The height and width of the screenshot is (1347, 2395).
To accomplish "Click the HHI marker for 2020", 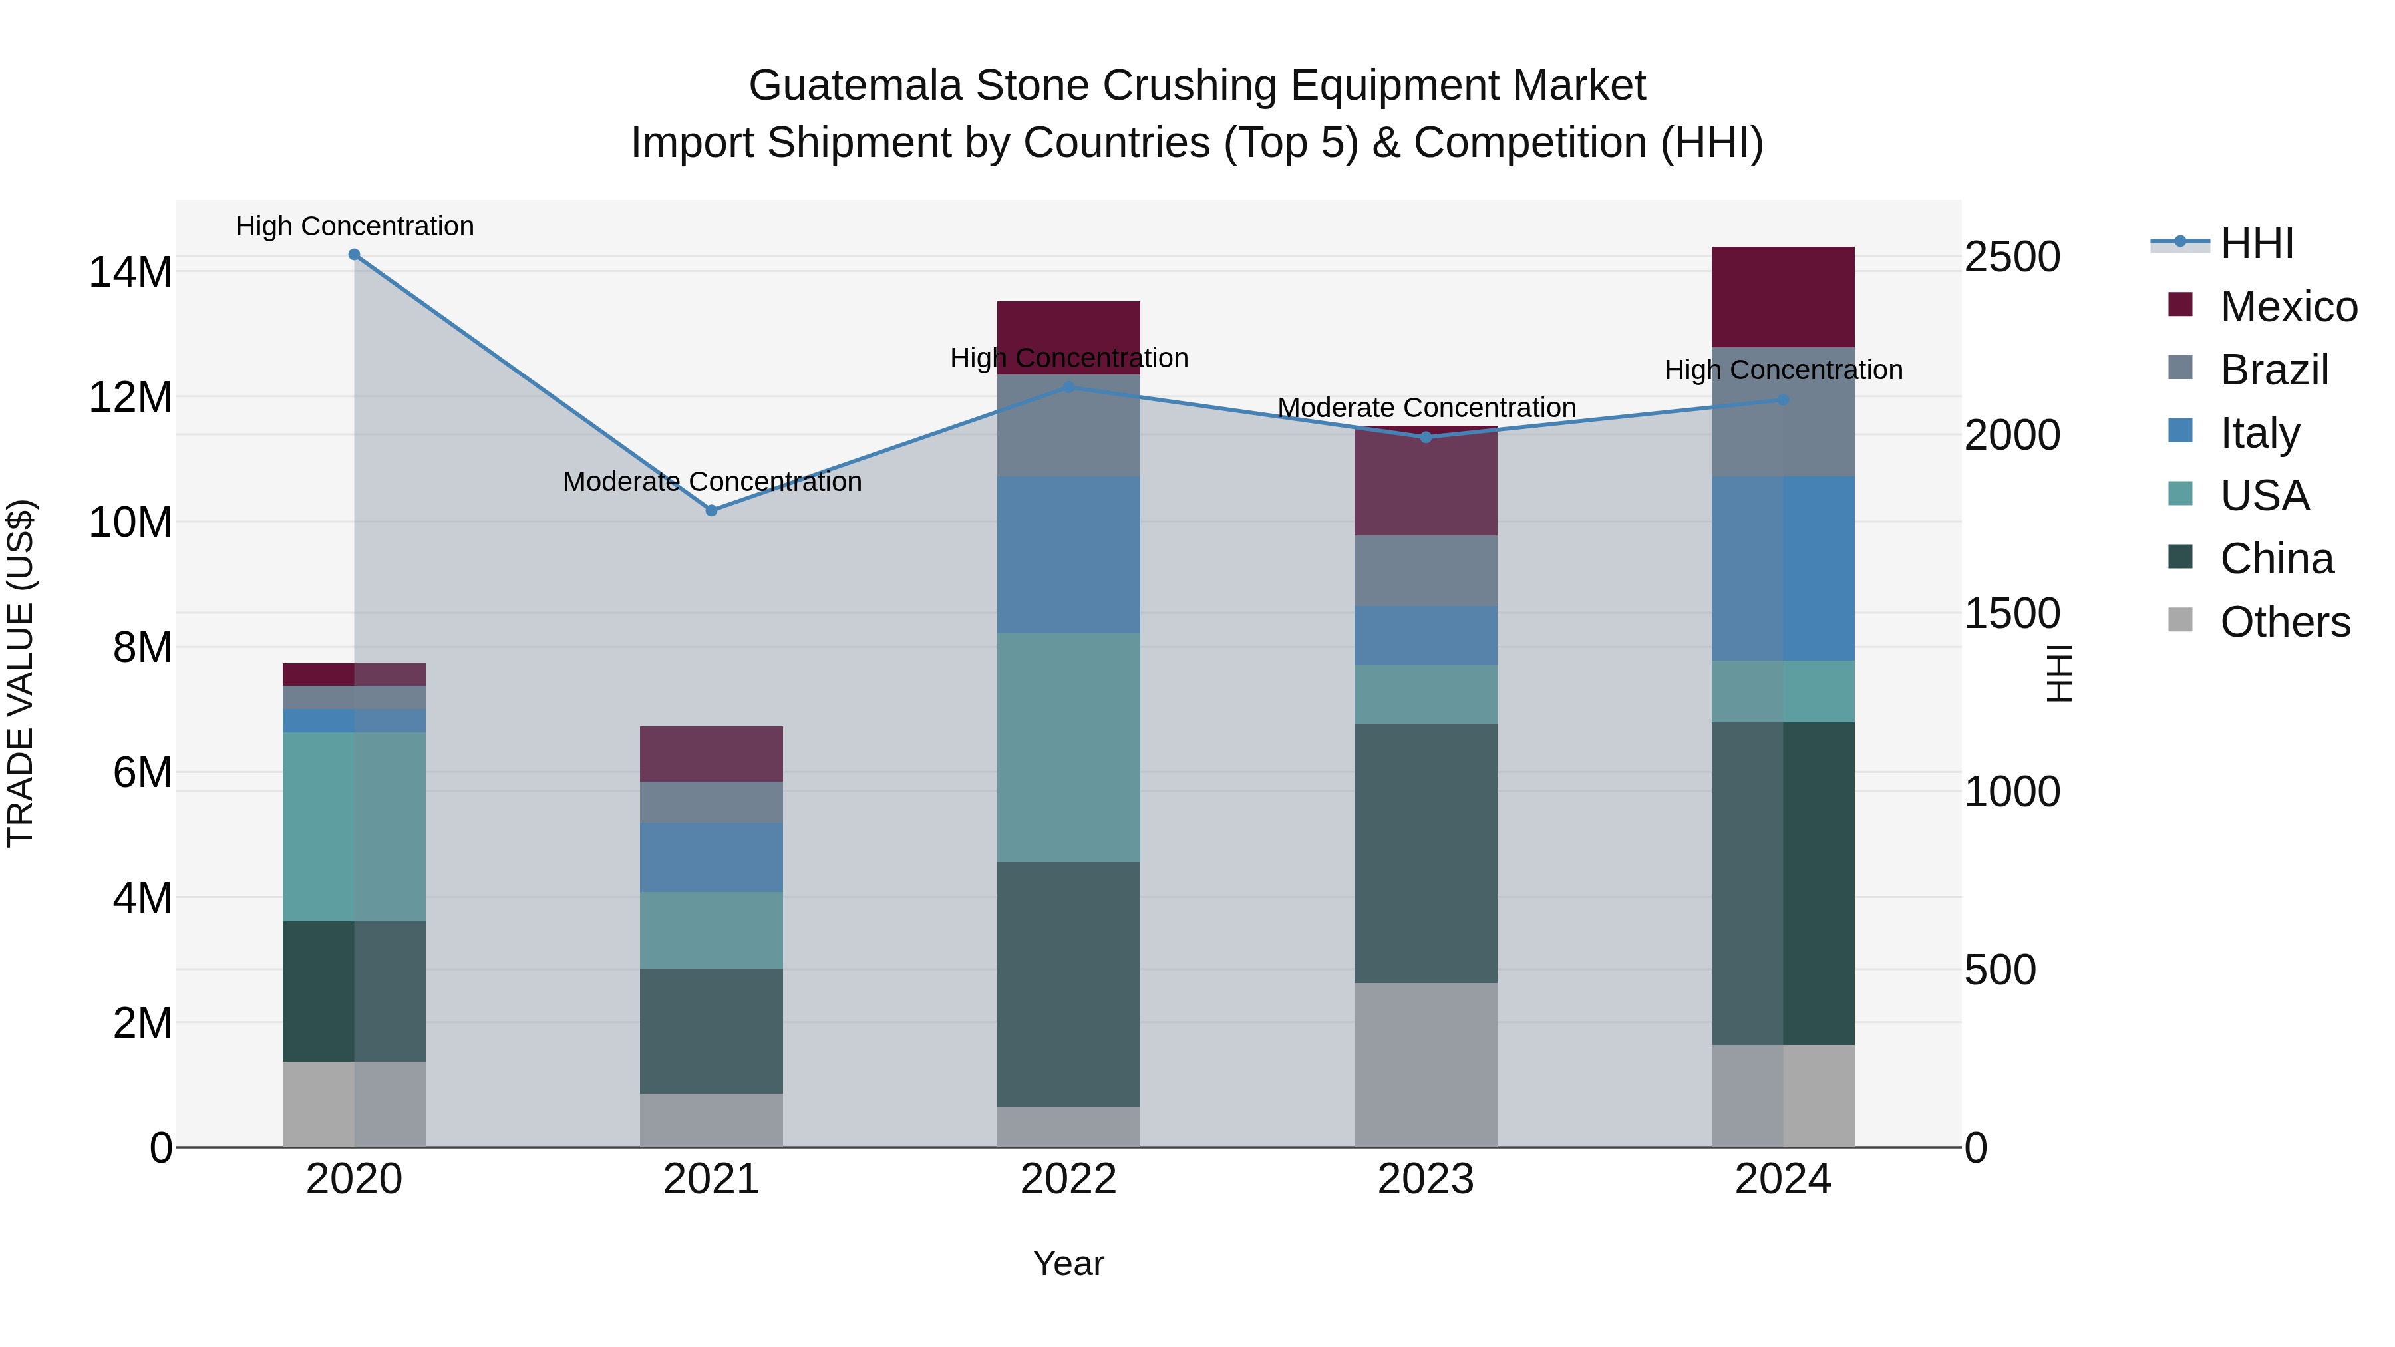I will [354, 255].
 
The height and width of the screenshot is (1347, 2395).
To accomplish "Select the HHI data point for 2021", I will [711, 510].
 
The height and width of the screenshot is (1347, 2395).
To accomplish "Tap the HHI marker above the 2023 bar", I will [1426, 437].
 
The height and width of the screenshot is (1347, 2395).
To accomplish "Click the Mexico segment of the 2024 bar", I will [1782, 297].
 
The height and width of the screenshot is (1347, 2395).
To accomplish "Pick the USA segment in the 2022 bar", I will [1068, 748].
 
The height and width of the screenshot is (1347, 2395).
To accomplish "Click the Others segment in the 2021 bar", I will [711, 1120].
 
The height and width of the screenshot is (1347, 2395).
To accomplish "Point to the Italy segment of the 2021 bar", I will [711, 857].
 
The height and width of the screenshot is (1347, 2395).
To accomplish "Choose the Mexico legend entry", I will [2287, 307].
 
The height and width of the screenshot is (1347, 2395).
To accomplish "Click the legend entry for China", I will [2276, 559].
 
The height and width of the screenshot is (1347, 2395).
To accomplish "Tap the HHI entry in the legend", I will [2257, 243].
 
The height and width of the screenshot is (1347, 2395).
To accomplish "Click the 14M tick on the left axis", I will [130, 272].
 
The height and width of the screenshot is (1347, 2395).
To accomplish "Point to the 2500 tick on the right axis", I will [2012, 257].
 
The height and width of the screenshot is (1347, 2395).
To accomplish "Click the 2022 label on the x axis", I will [1068, 1179].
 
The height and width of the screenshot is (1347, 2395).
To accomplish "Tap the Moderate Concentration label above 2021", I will [712, 482].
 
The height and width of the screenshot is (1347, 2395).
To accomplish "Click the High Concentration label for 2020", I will [354, 226].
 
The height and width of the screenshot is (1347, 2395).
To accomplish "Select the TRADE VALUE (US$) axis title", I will [21, 673].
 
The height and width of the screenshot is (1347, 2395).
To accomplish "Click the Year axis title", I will [1068, 1263].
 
